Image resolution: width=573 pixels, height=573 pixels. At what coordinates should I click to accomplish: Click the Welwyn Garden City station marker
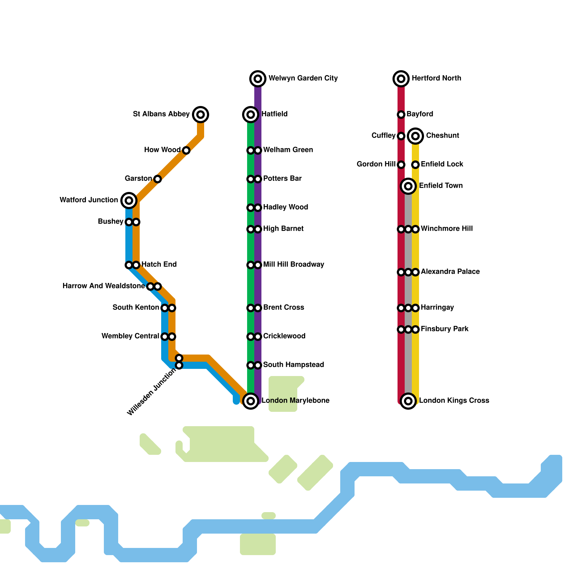pos(258,78)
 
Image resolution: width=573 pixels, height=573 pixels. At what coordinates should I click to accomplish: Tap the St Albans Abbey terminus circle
pos(201,114)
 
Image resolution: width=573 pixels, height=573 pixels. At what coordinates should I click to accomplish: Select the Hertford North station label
pos(436,78)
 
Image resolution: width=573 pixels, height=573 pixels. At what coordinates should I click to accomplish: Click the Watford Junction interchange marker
pos(129,200)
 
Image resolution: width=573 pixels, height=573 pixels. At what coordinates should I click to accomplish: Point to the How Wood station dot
pos(186,150)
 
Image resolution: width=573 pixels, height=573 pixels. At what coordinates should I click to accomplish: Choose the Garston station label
pos(138,178)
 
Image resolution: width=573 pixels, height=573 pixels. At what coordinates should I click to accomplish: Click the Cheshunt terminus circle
pos(415,136)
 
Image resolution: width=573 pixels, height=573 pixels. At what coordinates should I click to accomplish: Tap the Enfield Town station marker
pos(408,186)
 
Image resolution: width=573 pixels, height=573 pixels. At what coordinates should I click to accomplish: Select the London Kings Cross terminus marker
pos(408,401)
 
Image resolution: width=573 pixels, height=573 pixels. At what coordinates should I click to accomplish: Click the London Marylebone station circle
pos(251,401)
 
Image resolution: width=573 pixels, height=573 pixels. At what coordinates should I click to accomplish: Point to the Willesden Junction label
pos(152,392)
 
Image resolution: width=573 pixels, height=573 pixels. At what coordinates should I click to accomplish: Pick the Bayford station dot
pos(401,115)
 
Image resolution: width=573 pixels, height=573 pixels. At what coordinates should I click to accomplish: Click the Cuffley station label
pos(383,135)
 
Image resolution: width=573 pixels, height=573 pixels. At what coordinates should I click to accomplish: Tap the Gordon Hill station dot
pos(401,165)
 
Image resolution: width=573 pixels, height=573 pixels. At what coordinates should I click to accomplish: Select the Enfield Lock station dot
pos(415,165)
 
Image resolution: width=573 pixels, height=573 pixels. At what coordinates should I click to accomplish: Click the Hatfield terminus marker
pos(251,114)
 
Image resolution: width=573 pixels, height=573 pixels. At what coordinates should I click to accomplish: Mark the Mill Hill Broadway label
pos(294,264)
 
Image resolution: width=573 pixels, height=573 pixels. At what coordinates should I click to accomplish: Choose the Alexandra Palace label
pos(450,271)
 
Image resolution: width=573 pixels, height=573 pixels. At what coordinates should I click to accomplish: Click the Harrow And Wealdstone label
pos(103,286)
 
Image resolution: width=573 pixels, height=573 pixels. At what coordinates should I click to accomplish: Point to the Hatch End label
pos(159,264)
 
